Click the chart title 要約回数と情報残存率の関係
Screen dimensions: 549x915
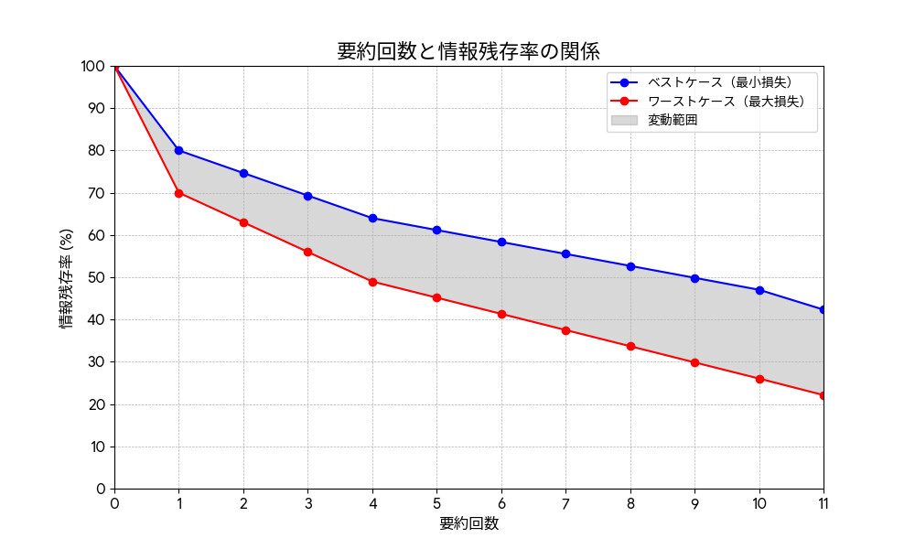468,51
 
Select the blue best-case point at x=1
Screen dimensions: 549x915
178,150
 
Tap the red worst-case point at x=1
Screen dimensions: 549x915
178,193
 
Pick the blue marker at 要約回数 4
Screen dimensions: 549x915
372,218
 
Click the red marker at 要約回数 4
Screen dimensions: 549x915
372,282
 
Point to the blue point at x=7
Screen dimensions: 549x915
565,253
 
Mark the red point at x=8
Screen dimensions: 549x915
630,346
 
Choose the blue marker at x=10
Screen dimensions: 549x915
759,290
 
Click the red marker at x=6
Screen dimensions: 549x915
501,314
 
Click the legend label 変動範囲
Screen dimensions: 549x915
673,120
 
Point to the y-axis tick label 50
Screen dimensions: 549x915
96,277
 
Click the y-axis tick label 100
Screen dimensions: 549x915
93,66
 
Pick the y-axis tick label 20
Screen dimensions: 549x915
96,404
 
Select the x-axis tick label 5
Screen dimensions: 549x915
436,503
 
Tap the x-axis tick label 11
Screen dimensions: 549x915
823,503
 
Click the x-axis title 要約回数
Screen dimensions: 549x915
468,523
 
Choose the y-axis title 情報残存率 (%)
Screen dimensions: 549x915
67,277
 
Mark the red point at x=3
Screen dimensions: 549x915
307,252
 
